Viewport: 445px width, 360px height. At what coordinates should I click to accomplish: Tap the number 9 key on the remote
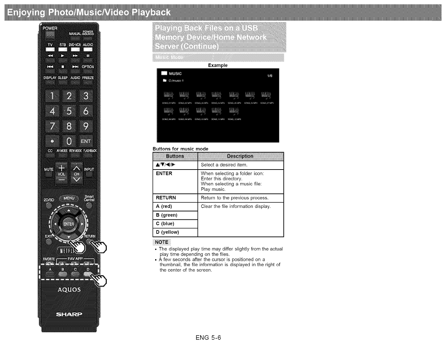(x=86, y=126)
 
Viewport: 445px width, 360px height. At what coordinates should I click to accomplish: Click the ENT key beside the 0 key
(x=86, y=141)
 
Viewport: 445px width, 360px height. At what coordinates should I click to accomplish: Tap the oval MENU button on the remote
(x=69, y=198)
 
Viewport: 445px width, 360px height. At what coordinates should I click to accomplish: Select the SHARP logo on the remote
(x=69, y=314)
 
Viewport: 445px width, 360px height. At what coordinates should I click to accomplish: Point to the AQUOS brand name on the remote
(x=69, y=290)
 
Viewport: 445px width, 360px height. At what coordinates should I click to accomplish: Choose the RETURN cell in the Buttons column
(x=175, y=198)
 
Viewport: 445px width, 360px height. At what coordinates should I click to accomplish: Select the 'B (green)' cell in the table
(x=175, y=215)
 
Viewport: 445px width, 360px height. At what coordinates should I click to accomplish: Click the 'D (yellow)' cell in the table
(x=175, y=232)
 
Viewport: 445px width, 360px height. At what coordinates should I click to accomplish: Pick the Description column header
(x=240, y=156)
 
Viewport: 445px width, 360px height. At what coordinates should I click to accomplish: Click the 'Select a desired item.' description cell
(x=240, y=165)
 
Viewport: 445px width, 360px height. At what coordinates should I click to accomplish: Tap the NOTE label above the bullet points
(x=161, y=242)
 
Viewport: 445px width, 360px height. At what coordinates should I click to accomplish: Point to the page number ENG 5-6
(x=208, y=338)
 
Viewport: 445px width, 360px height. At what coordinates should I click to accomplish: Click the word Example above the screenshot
(x=218, y=65)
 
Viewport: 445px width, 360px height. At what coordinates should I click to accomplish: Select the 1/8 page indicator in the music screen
(x=270, y=76)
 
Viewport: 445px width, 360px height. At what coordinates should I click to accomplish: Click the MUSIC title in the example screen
(x=175, y=74)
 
